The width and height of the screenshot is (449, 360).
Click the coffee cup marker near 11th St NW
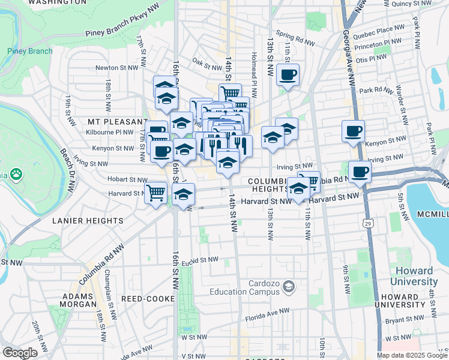288,76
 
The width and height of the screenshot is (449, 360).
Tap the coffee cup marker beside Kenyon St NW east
353,131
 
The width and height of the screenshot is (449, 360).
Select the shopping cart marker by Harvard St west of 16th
155,193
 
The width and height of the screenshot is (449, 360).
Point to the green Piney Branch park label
30,51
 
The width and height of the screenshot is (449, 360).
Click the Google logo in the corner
20,353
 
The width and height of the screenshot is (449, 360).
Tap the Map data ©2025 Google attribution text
411,355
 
